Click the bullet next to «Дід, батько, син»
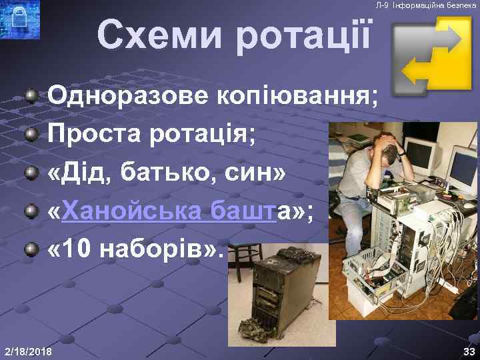coord(31,175)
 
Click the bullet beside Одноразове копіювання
coord(31,98)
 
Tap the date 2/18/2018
coord(29,351)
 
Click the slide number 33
coord(469,351)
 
